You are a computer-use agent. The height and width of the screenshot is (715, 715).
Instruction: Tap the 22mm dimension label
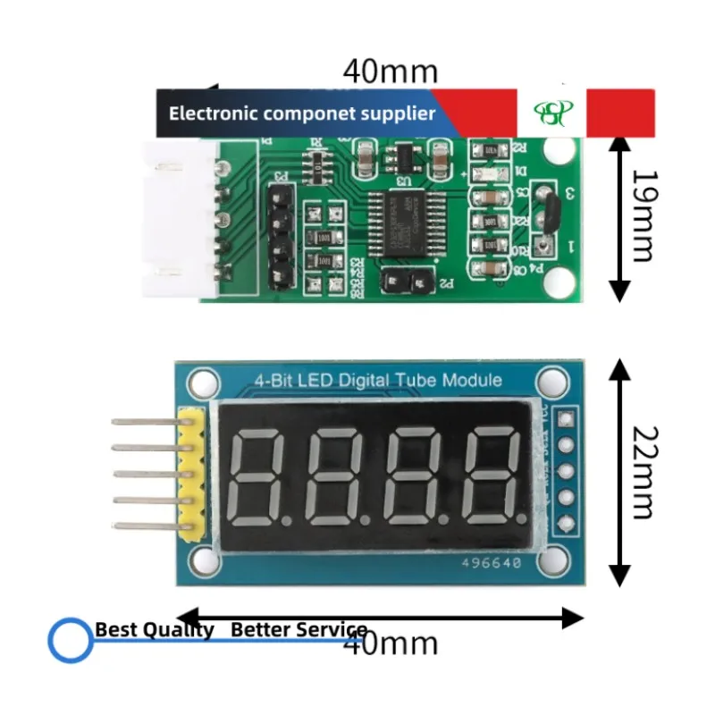(x=642, y=471)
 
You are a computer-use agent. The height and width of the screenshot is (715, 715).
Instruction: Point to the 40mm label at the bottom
(x=391, y=642)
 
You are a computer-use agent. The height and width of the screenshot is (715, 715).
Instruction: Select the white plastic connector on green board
(x=179, y=219)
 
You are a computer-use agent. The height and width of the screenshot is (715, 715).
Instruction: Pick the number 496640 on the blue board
(x=491, y=564)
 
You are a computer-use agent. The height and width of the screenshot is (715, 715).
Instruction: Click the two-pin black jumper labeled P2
(x=405, y=283)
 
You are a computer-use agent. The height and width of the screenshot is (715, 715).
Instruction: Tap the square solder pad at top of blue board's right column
(x=566, y=416)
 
